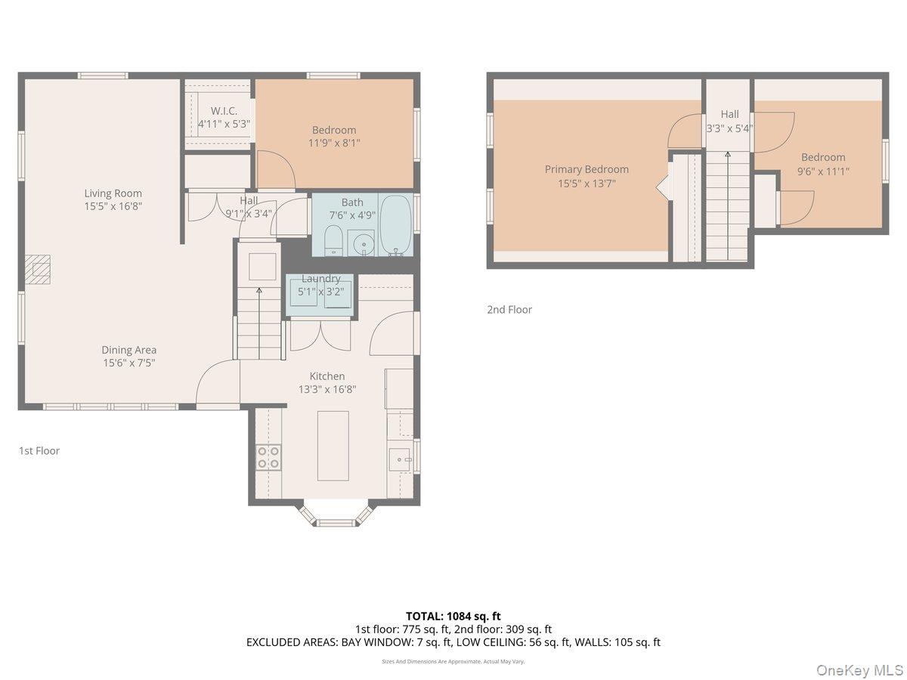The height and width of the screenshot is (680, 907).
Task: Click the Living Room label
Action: tap(113, 193)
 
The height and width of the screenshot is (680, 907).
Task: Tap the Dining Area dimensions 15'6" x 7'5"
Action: tap(128, 363)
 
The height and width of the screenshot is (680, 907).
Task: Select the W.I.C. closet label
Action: tap(224, 111)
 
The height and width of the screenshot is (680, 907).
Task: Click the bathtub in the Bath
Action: tap(395, 224)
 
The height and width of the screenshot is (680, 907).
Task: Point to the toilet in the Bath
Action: tap(333, 241)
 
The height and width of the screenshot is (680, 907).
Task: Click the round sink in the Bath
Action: tap(361, 243)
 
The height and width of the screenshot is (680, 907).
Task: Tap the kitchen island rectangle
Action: tap(333, 446)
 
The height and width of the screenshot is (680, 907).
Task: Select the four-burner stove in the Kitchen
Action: tap(268, 456)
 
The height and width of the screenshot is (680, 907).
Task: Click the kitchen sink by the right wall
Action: tap(398, 458)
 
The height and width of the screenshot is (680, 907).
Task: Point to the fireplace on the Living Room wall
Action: tap(38, 269)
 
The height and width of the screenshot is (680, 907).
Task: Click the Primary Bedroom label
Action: tap(587, 169)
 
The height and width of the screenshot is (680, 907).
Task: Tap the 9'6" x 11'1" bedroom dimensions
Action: tap(823, 171)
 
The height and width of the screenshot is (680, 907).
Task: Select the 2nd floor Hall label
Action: tap(729, 114)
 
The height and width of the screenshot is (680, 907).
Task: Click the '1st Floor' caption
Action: tap(39, 451)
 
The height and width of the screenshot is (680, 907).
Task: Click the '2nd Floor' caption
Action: tap(509, 310)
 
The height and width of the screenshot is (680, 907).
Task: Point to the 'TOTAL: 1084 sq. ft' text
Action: tap(453, 617)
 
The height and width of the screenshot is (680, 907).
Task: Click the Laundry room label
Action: tap(320, 279)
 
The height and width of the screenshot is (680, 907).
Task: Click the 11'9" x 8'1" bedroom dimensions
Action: tap(334, 142)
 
